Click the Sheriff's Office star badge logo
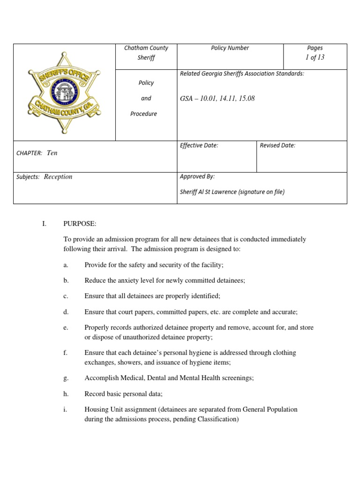tap(64, 92)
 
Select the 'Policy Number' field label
tap(230, 48)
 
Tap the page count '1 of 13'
tap(315, 57)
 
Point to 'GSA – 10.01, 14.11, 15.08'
tap(217, 98)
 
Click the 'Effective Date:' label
tap(199, 145)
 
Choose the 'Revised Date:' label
tap(277, 145)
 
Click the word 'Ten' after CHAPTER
tap(52, 153)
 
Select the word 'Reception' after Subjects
tap(58, 177)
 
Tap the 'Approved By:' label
tap(197, 177)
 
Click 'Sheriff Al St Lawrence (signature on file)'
tap(232, 192)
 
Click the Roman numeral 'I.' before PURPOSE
tap(44, 224)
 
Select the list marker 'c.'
tap(66, 296)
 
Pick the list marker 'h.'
tap(66, 394)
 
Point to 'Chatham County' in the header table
tap(146, 48)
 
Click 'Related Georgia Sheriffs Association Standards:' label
tap(242, 74)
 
